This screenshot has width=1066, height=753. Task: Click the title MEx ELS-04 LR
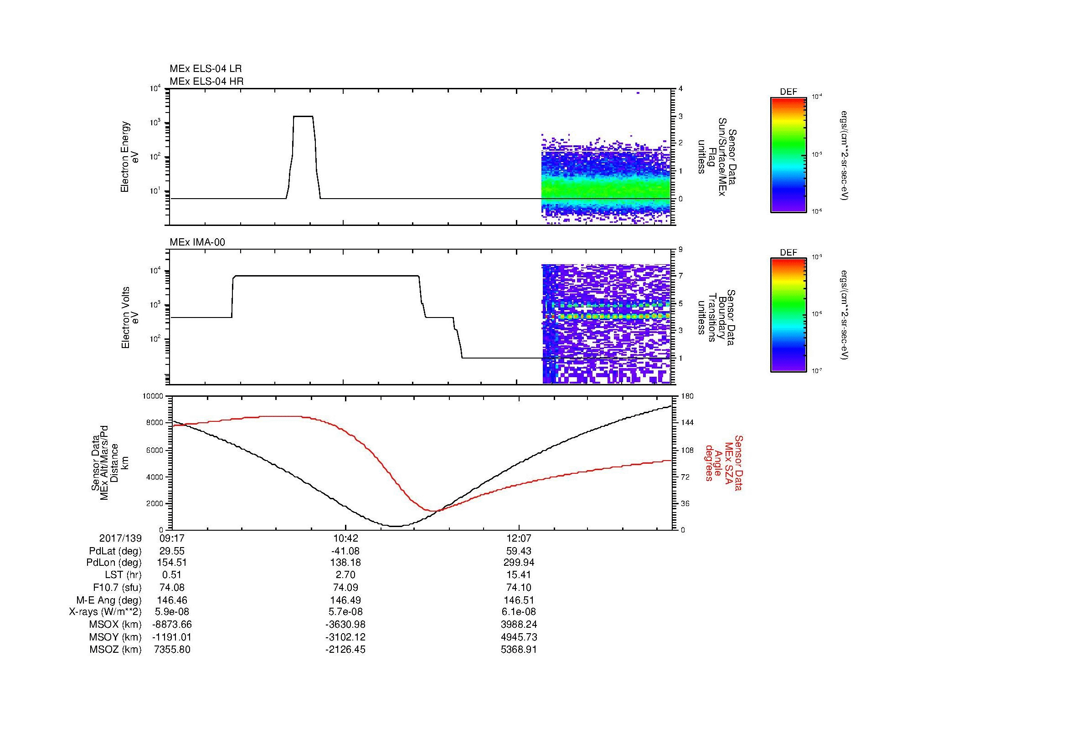(205, 69)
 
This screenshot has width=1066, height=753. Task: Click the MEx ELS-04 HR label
(206, 81)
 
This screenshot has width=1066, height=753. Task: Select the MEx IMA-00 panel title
(197, 242)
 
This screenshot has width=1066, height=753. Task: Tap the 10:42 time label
(345, 538)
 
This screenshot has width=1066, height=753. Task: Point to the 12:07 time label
(519, 538)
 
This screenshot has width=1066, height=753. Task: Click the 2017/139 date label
(120, 538)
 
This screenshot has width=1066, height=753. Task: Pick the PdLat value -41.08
(345, 551)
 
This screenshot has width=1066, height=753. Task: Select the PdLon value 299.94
(519, 562)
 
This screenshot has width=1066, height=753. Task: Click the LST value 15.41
(519, 575)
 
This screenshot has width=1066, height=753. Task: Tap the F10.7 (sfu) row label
(117, 587)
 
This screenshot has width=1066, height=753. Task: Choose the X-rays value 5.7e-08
(345, 612)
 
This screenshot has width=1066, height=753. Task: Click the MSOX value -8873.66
(172, 625)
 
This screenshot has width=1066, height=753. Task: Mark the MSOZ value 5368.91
(519, 650)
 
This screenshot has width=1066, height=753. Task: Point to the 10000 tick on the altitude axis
(153, 396)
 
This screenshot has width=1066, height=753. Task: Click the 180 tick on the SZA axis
(687, 396)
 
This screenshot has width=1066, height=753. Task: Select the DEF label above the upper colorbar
(788, 92)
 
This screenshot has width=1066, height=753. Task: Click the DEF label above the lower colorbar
(788, 253)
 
